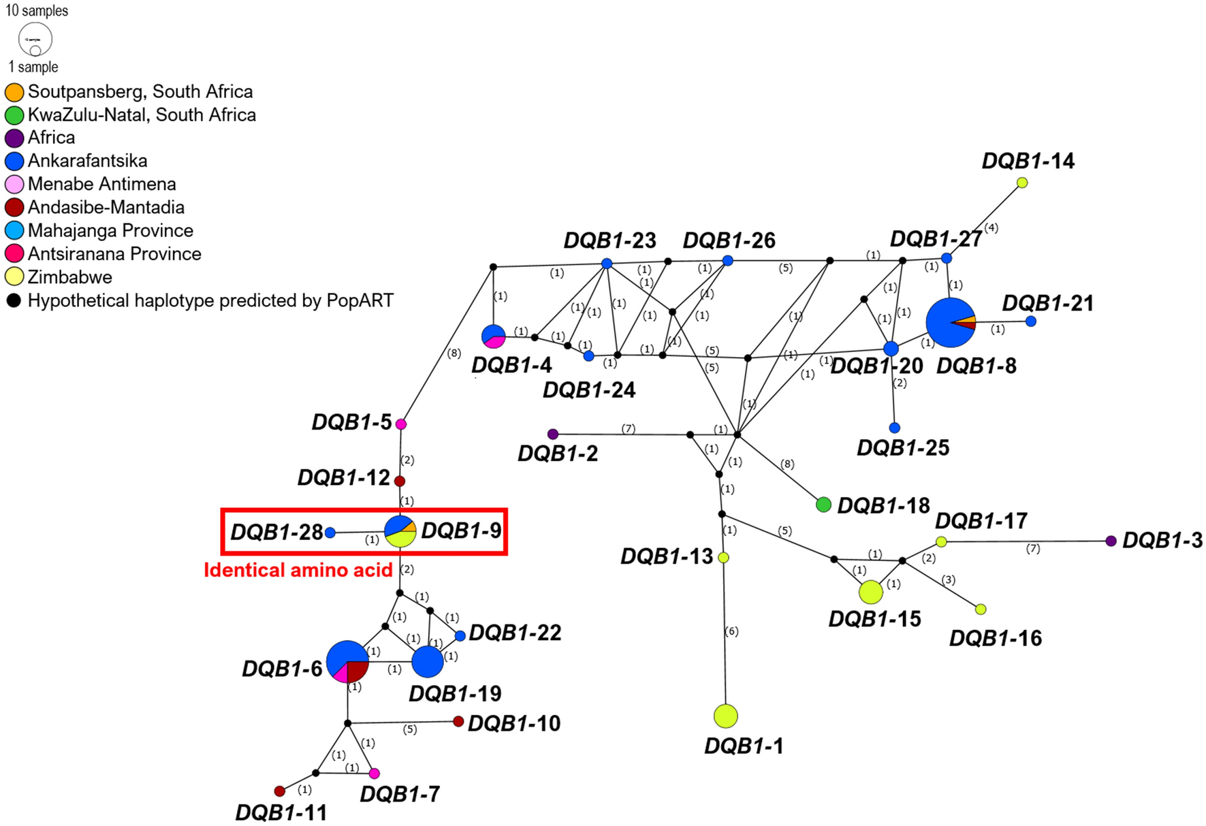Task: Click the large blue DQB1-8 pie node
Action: [951, 323]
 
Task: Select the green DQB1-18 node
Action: [823, 505]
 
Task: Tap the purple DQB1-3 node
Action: [1111, 541]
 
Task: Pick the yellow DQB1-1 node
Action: [726, 716]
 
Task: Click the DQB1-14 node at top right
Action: [1022, 182]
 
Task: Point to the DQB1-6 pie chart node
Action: [347, 661]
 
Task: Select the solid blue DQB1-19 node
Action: [428, 661]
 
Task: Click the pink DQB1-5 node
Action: [401, 424]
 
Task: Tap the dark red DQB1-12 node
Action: [400, 481]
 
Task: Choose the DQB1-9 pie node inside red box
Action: [400, 531]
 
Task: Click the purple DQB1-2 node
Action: [553, 434]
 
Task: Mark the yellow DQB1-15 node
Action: [870, 592]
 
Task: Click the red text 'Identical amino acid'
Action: [298, 570]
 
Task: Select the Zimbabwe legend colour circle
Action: [14, 277]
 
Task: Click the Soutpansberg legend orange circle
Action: [14, 92]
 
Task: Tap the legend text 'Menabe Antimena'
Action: [101, 184]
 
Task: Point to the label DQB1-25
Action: [902, 448]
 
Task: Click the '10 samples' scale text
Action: [37, 11]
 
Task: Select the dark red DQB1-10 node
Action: [458, 721]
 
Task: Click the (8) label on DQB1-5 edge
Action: [454, 353]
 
